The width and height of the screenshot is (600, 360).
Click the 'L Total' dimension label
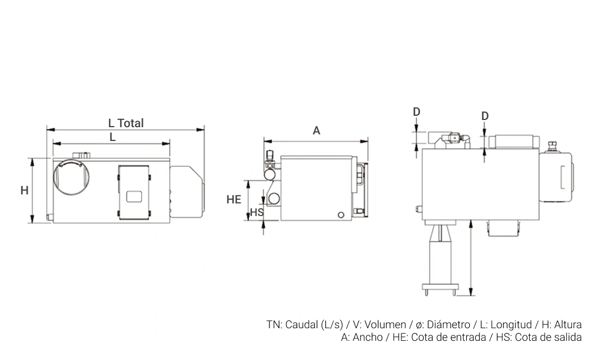(126, 123)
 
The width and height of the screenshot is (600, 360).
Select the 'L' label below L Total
(113, 137)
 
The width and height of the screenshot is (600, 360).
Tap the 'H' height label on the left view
(25, 190)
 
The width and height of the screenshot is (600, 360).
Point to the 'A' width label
(316, 131)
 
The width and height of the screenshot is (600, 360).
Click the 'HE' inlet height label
(234, 199)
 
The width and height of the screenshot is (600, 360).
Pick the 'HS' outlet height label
(257, 212)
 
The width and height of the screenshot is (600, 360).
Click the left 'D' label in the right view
(417, 112)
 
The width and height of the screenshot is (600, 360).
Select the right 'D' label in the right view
(485, 116)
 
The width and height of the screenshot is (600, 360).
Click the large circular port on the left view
(71, 177)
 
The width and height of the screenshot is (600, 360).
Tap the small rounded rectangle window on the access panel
(134, 197)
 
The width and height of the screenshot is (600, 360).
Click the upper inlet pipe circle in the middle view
(270, 175)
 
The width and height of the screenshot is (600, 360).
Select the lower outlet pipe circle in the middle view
(274, 199)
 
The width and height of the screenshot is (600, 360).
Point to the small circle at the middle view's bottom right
(341, 215)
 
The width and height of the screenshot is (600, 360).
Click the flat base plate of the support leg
(440, 286)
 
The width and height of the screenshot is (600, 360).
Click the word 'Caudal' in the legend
(302, 325)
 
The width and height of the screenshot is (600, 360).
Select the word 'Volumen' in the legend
(385, 325)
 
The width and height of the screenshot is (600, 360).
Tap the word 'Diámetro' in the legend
(448, 325)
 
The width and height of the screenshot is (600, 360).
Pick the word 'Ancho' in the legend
(367, 337)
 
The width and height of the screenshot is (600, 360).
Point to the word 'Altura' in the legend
(568, 325)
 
